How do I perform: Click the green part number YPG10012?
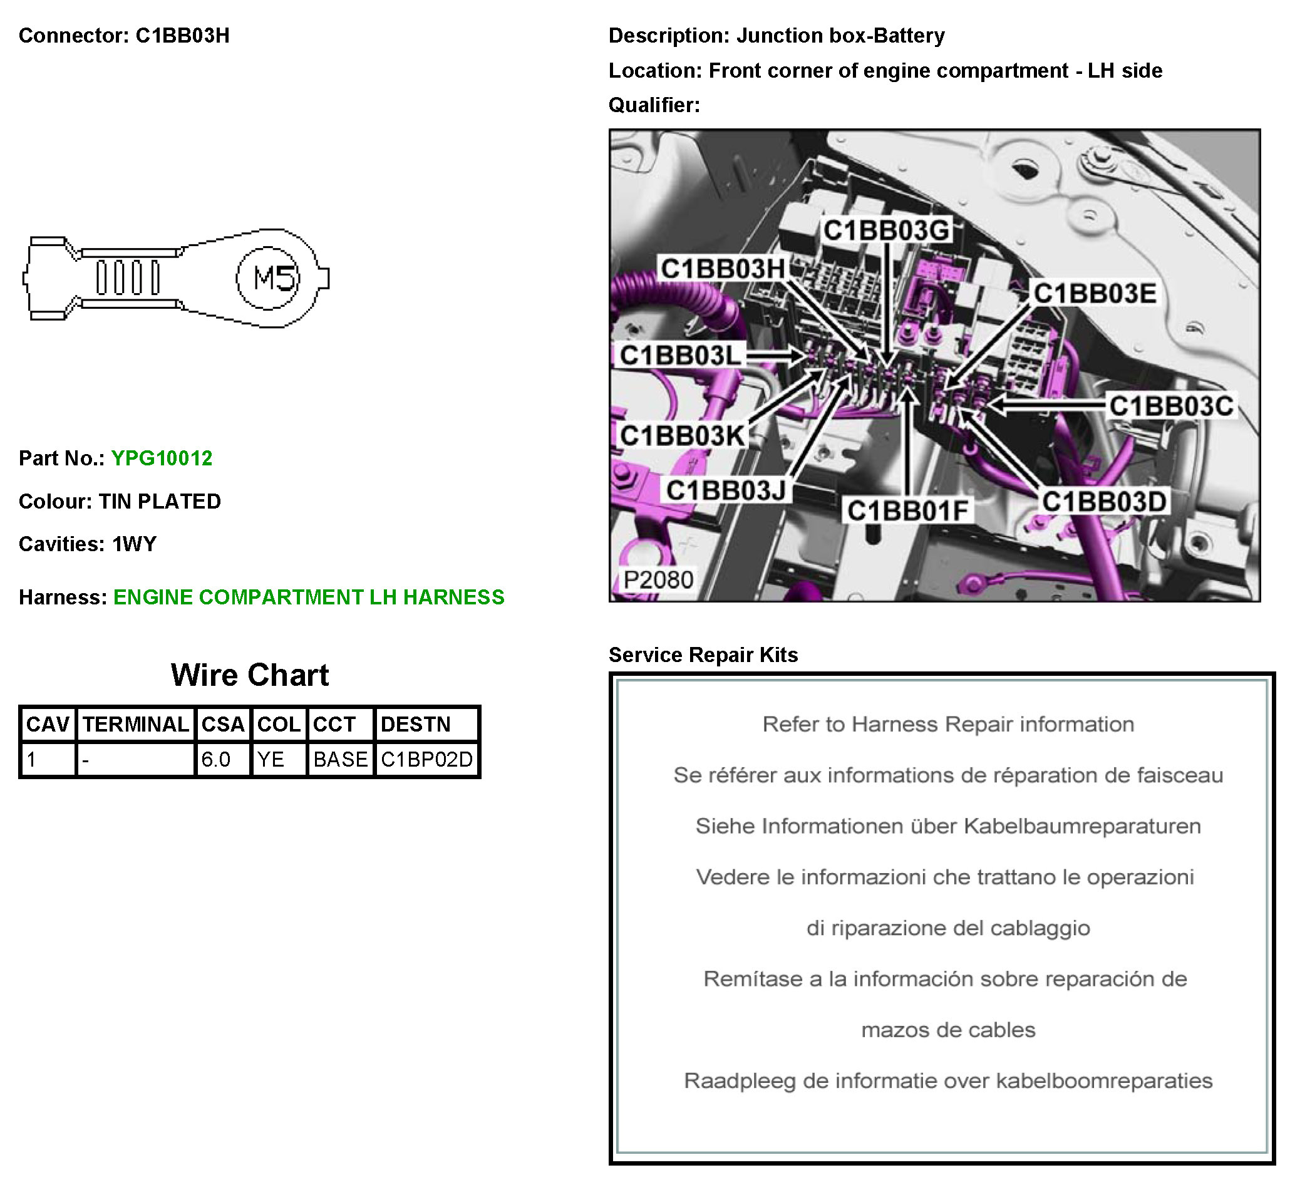coord(162,458)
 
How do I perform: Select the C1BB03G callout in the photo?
coord(886,230)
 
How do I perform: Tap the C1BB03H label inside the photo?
coord(723,269)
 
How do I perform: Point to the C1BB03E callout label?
coord(1095,293)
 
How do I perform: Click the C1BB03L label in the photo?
coord(680,355)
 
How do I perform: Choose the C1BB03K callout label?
coord(683,436)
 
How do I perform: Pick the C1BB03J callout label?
coord(726,490)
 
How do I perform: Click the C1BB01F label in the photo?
coord(907,510)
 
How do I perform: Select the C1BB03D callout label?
coord(1104,502)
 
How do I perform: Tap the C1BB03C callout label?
coord(1171,406)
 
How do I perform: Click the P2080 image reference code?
coord(658,580)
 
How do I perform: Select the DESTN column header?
coord(416,725)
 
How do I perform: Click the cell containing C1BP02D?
coord(427,760)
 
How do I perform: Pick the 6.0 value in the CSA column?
coord(215,760)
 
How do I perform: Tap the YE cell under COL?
coord(271,760)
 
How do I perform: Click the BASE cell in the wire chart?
coord(341,760)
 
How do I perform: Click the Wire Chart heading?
coord(250,675)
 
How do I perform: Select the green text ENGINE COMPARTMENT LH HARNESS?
coord(309,597)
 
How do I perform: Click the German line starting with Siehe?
coord(948,826)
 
